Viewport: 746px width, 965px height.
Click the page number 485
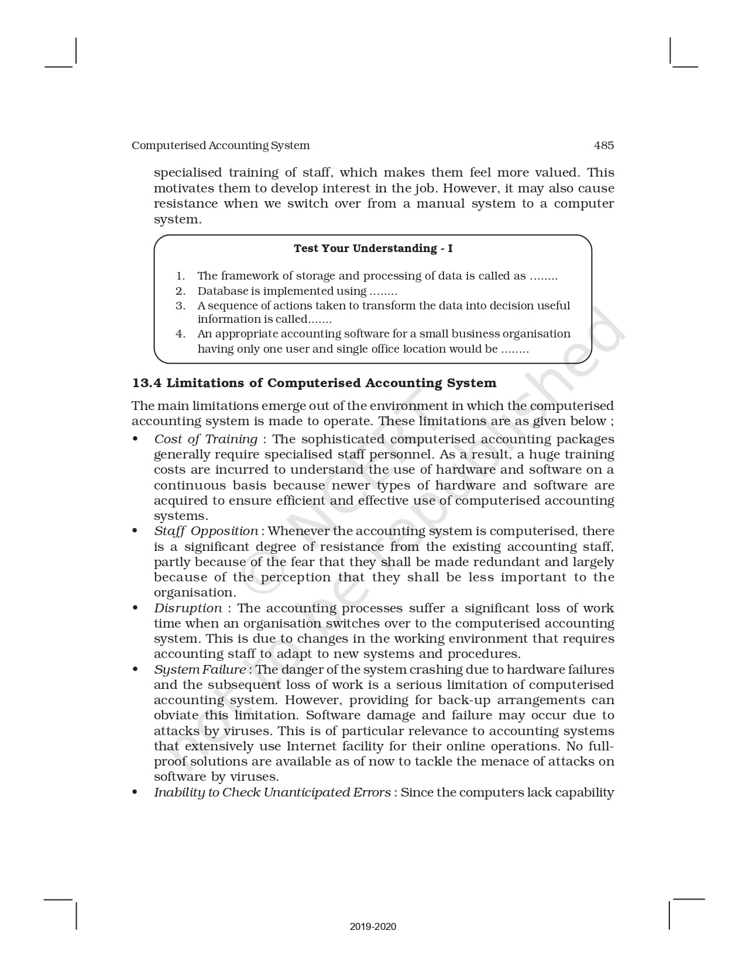coord(603,146)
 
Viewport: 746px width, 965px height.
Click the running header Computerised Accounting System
coord(221,146)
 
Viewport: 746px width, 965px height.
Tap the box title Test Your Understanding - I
coord(373,249)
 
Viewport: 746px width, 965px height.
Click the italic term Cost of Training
coord(205,439)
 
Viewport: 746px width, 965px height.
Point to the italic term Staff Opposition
coord(206,531)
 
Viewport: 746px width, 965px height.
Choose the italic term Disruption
coord(188,608)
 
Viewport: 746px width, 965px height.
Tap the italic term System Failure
coord(200,670)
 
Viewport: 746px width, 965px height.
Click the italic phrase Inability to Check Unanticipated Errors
coord(272,792)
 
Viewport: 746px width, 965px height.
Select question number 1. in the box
coord(181,276)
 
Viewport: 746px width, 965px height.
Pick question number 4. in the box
coord(181,334)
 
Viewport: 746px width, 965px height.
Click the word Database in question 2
coord(222,291)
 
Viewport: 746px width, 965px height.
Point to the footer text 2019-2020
coord(373,926)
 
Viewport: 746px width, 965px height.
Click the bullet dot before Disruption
coord(135,608)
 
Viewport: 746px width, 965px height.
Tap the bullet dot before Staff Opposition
coord(135,531)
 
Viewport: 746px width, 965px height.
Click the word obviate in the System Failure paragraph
coord(174,716)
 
